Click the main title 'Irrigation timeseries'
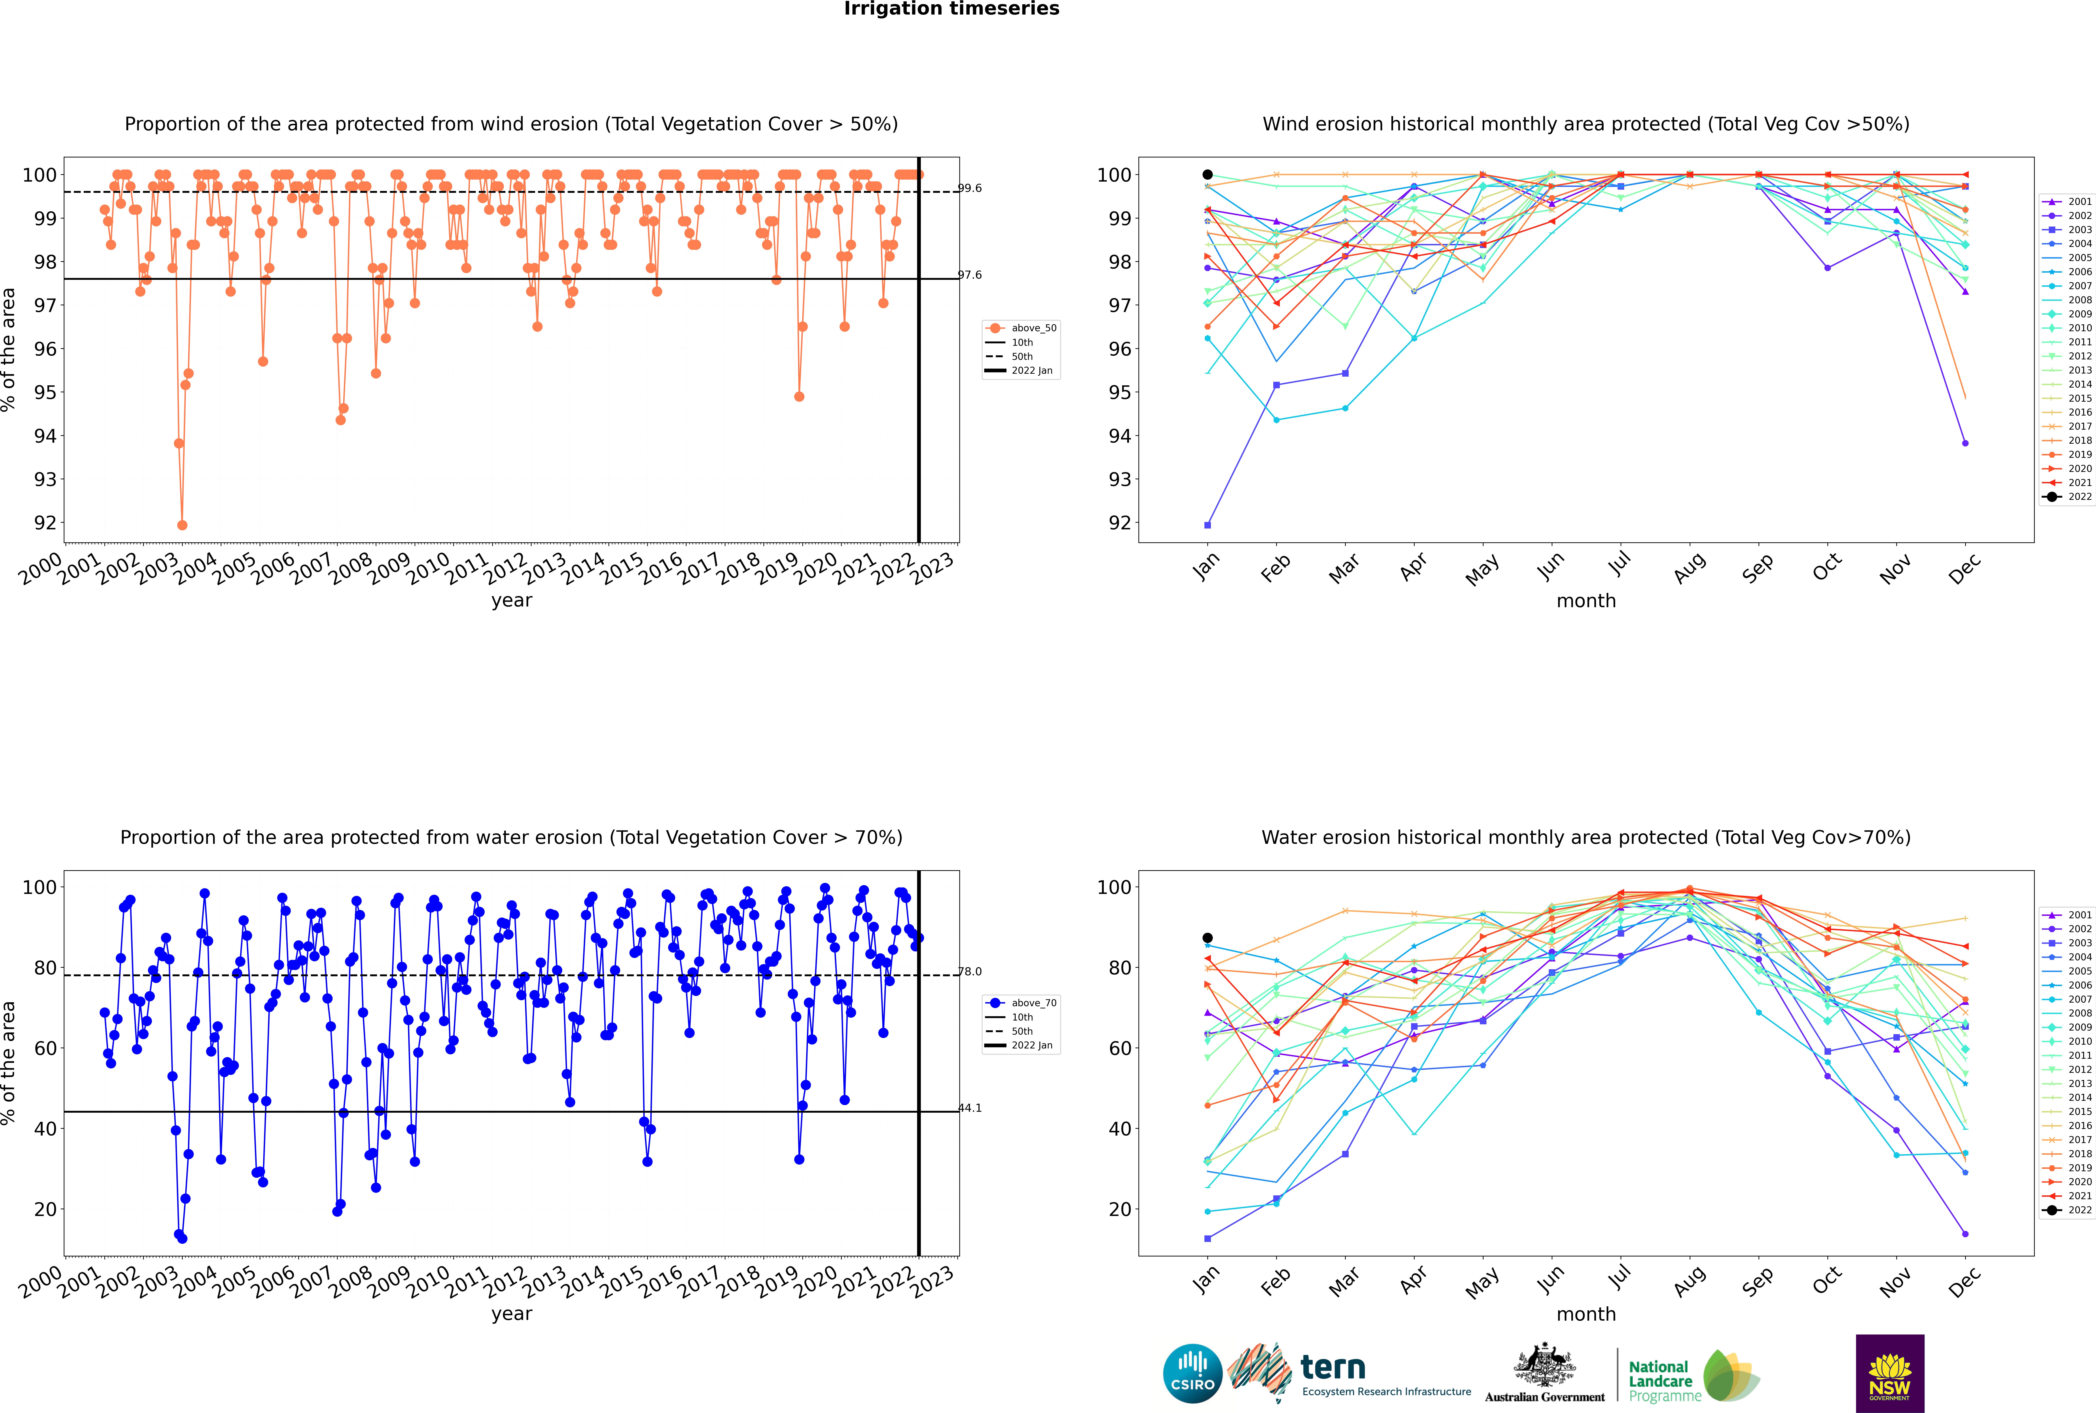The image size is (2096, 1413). [952, 9]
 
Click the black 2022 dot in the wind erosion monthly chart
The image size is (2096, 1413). [1208, 175]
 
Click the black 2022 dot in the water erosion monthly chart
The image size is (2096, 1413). [1208, 938]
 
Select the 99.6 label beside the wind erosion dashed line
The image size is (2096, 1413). [970, 188]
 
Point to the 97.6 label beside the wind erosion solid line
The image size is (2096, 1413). [970, 275]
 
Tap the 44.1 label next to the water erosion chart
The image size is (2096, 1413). [970, 1108]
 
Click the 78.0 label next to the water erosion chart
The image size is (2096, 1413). [970, 972]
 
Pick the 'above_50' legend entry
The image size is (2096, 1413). [1021, 328]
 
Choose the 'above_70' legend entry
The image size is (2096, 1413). [1021, 1003]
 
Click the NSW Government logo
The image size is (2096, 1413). [1890, 1373]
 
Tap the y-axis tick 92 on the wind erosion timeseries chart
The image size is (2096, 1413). [45, 523]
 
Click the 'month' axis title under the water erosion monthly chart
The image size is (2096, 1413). [1586, 1314]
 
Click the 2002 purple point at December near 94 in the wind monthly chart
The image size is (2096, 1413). [1965, 443]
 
